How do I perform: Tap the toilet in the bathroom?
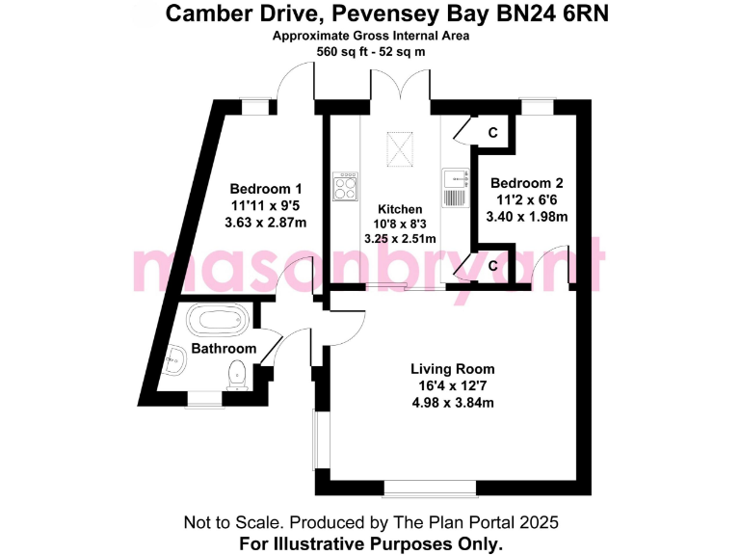pos(237,375)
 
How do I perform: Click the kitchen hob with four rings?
pos(344,185)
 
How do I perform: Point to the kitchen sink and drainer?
pos(454,187)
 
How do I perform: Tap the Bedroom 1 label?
pos(265,189)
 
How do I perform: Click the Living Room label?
pos(452,369)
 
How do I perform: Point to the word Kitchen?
pos(400,209)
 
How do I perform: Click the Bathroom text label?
pos(224,348)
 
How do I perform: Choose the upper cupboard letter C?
pos(492,132)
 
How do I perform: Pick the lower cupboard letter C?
pos(492,265)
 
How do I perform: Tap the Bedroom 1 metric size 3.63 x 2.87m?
pos(265,223)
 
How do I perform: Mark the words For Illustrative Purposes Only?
pos(370,543)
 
